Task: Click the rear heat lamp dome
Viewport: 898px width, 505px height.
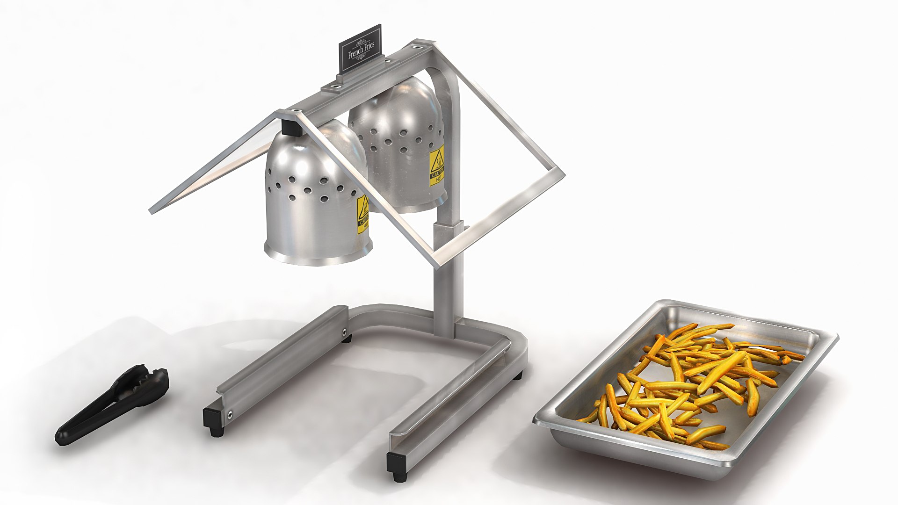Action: [x=398, y=140]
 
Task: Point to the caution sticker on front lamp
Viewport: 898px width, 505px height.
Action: [x=362, y=215]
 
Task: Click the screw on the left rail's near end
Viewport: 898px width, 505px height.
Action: [x=230, y=413]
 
